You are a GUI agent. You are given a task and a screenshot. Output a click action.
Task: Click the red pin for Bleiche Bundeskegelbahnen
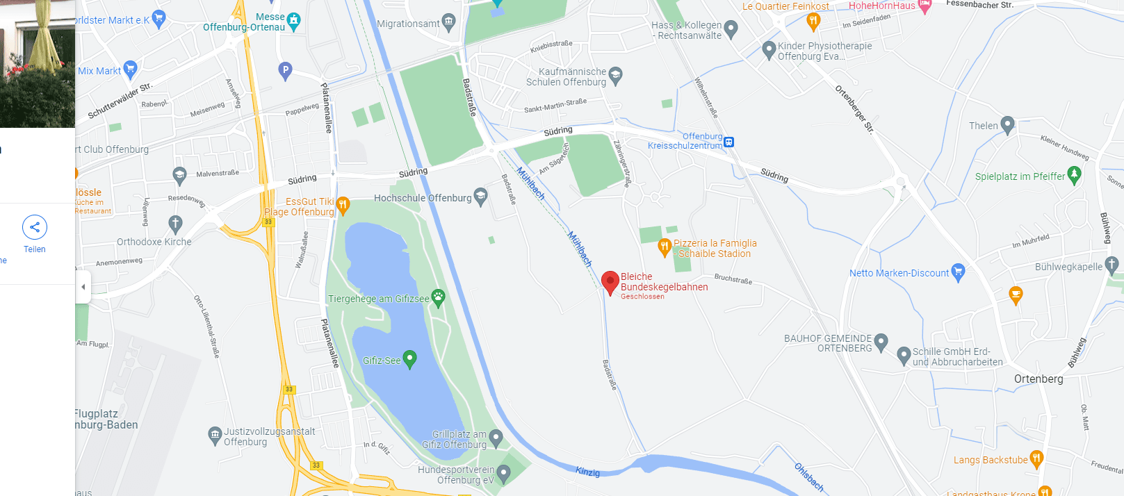pos(610,282)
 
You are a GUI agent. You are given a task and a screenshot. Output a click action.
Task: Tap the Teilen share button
pos(35,227)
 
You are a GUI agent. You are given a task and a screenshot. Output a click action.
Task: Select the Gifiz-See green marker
pos(409,359)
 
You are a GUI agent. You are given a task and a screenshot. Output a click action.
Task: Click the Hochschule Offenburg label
pos(423,198)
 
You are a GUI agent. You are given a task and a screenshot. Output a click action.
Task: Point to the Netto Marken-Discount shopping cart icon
pos(959,272)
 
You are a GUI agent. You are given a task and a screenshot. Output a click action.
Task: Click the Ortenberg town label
pos(1039,379)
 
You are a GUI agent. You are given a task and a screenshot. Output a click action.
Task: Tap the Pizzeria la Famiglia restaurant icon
pos(665,246)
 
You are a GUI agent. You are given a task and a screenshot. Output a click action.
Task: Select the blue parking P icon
pos(285,70)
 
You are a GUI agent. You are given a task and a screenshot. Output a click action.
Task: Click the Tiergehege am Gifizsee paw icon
pos(438,298)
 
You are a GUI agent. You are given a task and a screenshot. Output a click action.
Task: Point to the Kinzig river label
pos(587,472)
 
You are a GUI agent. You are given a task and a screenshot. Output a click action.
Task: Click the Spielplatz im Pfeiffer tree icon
pos(1074,174)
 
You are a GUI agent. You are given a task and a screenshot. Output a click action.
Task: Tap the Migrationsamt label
pos(408,24)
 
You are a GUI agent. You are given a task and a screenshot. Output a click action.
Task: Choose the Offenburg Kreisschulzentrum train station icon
pos(728,142)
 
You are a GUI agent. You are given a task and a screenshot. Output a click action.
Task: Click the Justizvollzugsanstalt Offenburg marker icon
pos(215,435)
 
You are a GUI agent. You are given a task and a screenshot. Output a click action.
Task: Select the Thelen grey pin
pos(1007,125)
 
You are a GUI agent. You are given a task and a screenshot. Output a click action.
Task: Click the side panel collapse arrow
pos(83,286)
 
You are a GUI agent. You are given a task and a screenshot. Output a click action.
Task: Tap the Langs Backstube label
pos(991,460)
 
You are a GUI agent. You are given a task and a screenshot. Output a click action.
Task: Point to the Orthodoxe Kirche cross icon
pos(175,224)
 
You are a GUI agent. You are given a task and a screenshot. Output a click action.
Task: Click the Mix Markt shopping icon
pos(129,69)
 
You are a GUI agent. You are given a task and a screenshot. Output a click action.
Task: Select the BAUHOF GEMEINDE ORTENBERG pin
pos(881,341)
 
